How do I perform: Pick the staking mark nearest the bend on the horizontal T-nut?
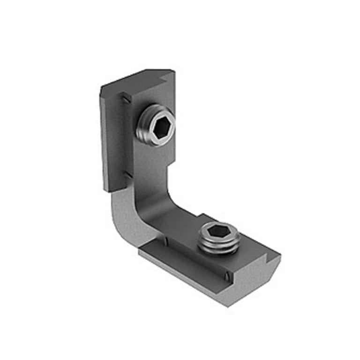coord(165,241)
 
